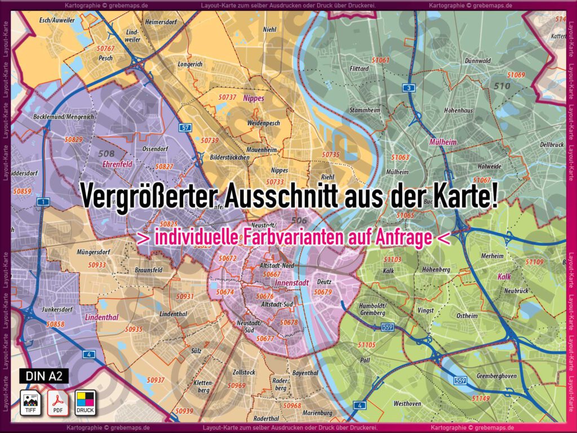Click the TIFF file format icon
click(29, 401)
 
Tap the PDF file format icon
click(57, 401)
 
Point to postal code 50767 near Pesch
click(105, 48)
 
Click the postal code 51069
click(516, 75)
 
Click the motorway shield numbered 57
click(185, 128)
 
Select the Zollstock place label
click(244, 373)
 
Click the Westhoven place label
click(407, 404)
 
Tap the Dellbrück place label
click(552, 145)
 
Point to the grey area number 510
click(501, 86)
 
